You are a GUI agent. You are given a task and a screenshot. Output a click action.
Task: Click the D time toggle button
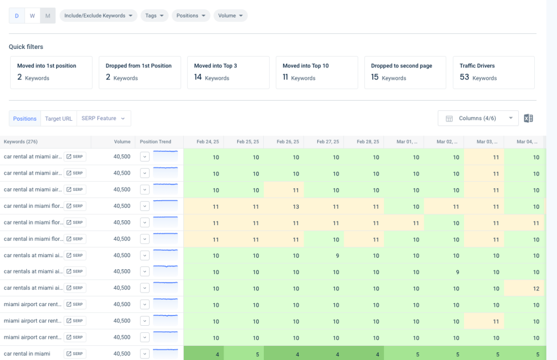point(16,16)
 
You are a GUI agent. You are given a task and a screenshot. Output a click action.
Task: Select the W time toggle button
point(32,16)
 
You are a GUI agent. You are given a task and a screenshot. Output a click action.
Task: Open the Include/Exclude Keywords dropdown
point(98,16)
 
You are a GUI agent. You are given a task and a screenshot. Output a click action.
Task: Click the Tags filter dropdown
point(154,16)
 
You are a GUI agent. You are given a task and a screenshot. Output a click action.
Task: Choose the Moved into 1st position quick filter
point(51,72)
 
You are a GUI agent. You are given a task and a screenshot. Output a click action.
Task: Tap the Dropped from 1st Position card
point(140,72)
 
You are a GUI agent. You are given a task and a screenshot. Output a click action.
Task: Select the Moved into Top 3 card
point(228,72)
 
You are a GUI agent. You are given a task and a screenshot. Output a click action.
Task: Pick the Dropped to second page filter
point(405,72)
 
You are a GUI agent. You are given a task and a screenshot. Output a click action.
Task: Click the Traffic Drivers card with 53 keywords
point(493,72)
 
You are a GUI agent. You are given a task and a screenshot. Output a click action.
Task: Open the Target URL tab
point(59,119)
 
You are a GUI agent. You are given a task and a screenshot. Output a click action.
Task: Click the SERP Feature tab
point(103,119)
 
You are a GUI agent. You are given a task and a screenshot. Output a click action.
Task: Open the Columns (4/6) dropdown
point(478,119)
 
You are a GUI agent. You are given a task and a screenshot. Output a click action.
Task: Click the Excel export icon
point(528,119)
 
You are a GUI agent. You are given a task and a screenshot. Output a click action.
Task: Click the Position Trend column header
point(156,142)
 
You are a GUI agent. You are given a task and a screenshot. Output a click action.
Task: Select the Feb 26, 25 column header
point(288,142)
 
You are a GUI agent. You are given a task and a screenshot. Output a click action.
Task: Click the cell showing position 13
point(296,207)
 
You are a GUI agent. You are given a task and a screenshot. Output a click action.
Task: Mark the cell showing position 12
point(536,289)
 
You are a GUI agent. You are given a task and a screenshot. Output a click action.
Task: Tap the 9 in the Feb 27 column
point(336,256)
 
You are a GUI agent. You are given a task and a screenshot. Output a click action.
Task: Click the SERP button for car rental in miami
point(75,354)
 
